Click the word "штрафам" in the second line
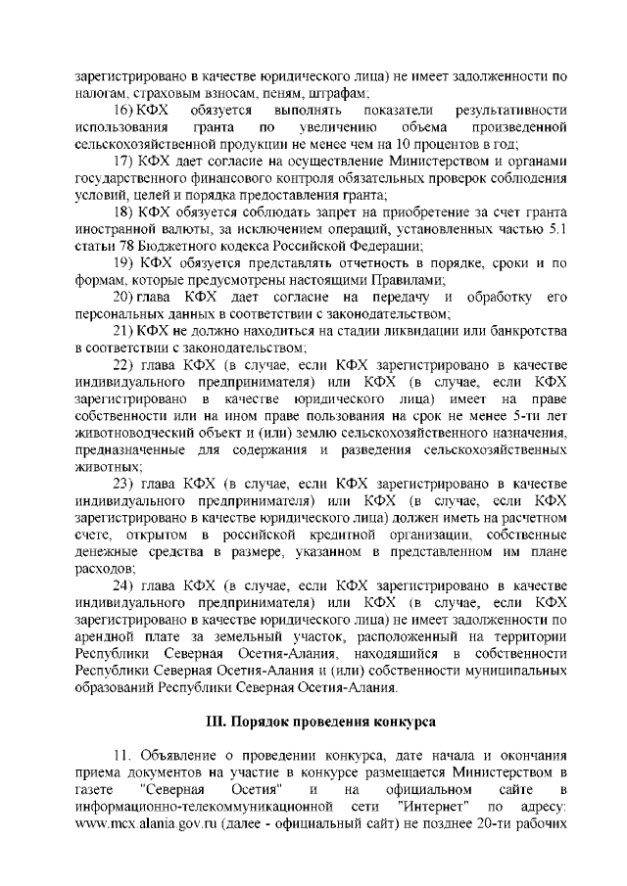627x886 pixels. click(x=333, y=94)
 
